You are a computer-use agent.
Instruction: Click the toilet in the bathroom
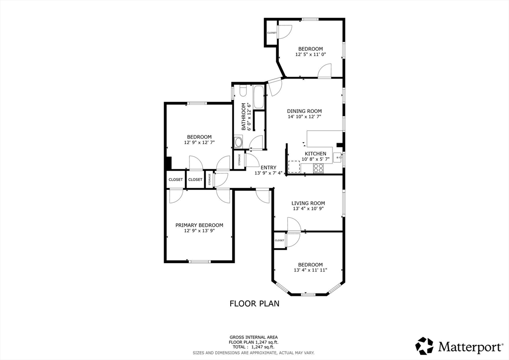pos(243,91)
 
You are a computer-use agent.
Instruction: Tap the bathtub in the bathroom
pos(258,97)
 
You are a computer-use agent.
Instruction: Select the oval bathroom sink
pos(239,143)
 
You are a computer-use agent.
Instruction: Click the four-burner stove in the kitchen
pos(318,169)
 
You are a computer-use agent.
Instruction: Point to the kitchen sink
pos(338,158)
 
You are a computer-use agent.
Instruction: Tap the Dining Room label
pos(304,111)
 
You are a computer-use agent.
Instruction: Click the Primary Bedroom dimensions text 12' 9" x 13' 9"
pos(199,231)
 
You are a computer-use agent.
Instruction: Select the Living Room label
pos(308,203)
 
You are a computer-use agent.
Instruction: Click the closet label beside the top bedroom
pos(272,33)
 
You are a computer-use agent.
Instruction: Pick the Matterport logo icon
pos(424,345)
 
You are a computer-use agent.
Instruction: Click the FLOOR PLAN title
pos(254,303)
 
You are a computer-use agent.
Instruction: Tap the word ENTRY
pos(268,168)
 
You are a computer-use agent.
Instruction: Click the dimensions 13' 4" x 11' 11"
pos(310,270)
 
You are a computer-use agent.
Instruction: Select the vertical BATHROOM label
pos(244,116)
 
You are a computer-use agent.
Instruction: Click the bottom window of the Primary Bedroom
pos(199,262)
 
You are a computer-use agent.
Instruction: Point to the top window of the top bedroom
pos(310,19)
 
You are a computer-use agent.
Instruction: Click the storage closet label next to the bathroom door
pos(240,160)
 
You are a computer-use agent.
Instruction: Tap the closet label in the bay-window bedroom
pos(279,240)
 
